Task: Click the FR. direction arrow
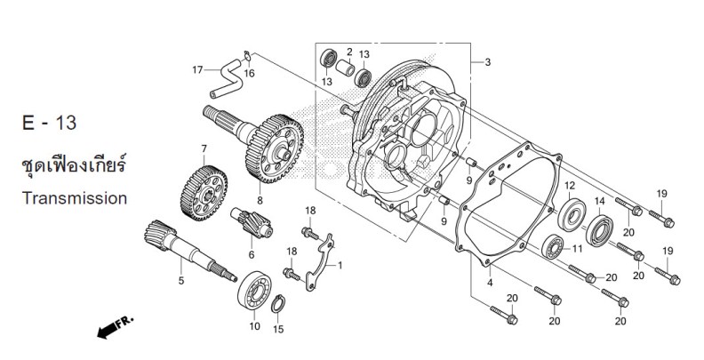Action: click(116, 327)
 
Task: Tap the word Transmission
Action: click(75, 198)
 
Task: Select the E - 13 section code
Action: click(50, 123)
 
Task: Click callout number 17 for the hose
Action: click(197, 69)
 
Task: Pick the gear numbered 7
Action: click(204, 193)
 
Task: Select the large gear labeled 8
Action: click(275, 148)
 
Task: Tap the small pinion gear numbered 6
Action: click(252, 222)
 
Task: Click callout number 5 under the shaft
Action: click(181, 281)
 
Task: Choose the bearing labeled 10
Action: click(254, 291)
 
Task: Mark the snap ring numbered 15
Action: click(278, 303)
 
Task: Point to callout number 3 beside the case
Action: click(488, 62)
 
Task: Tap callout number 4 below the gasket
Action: click(491, 283)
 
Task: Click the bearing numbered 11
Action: click(553, 247)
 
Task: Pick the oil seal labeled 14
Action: click(599, 231)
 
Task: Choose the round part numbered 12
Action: click(572, 214)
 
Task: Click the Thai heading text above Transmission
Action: click(74, 165)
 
